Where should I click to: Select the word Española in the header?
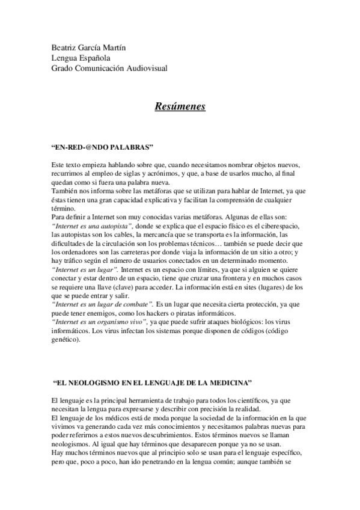(94, 58)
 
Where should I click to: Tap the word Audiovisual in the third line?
(145, 69)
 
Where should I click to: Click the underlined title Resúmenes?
(180, 107)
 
